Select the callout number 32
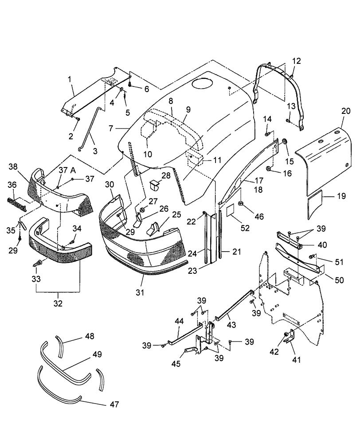pyautogui.click(x=58, y=304)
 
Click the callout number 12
pyautogui.click(x=296, y=60)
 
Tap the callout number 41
pyautogui.click(x=297, y=360)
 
